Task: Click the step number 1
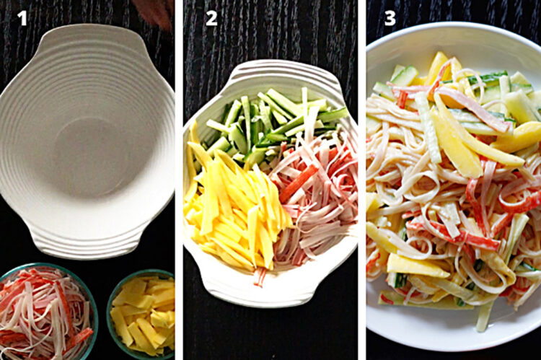pyautogui.click(x=22, y=18)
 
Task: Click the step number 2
pyautogui.click(x=211, y=18)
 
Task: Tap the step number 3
pyautogui.click(x=390, y=18)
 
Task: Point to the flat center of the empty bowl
pyautogui.click(x=87, y=152)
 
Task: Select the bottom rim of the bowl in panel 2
pyautogui.click(x=267, y=292)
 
